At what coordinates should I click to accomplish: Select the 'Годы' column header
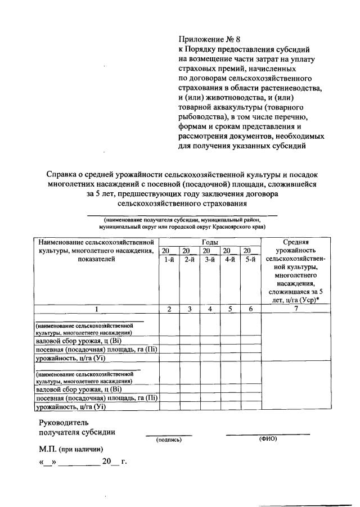coord(210,241)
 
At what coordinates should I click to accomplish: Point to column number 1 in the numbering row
coord(96,309)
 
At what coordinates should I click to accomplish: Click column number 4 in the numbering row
coord(210,309)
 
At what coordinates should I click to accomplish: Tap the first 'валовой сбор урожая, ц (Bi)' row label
coord(78,341)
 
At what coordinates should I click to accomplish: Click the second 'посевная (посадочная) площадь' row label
coord(96,397)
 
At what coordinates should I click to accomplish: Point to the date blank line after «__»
coord(79,464)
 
